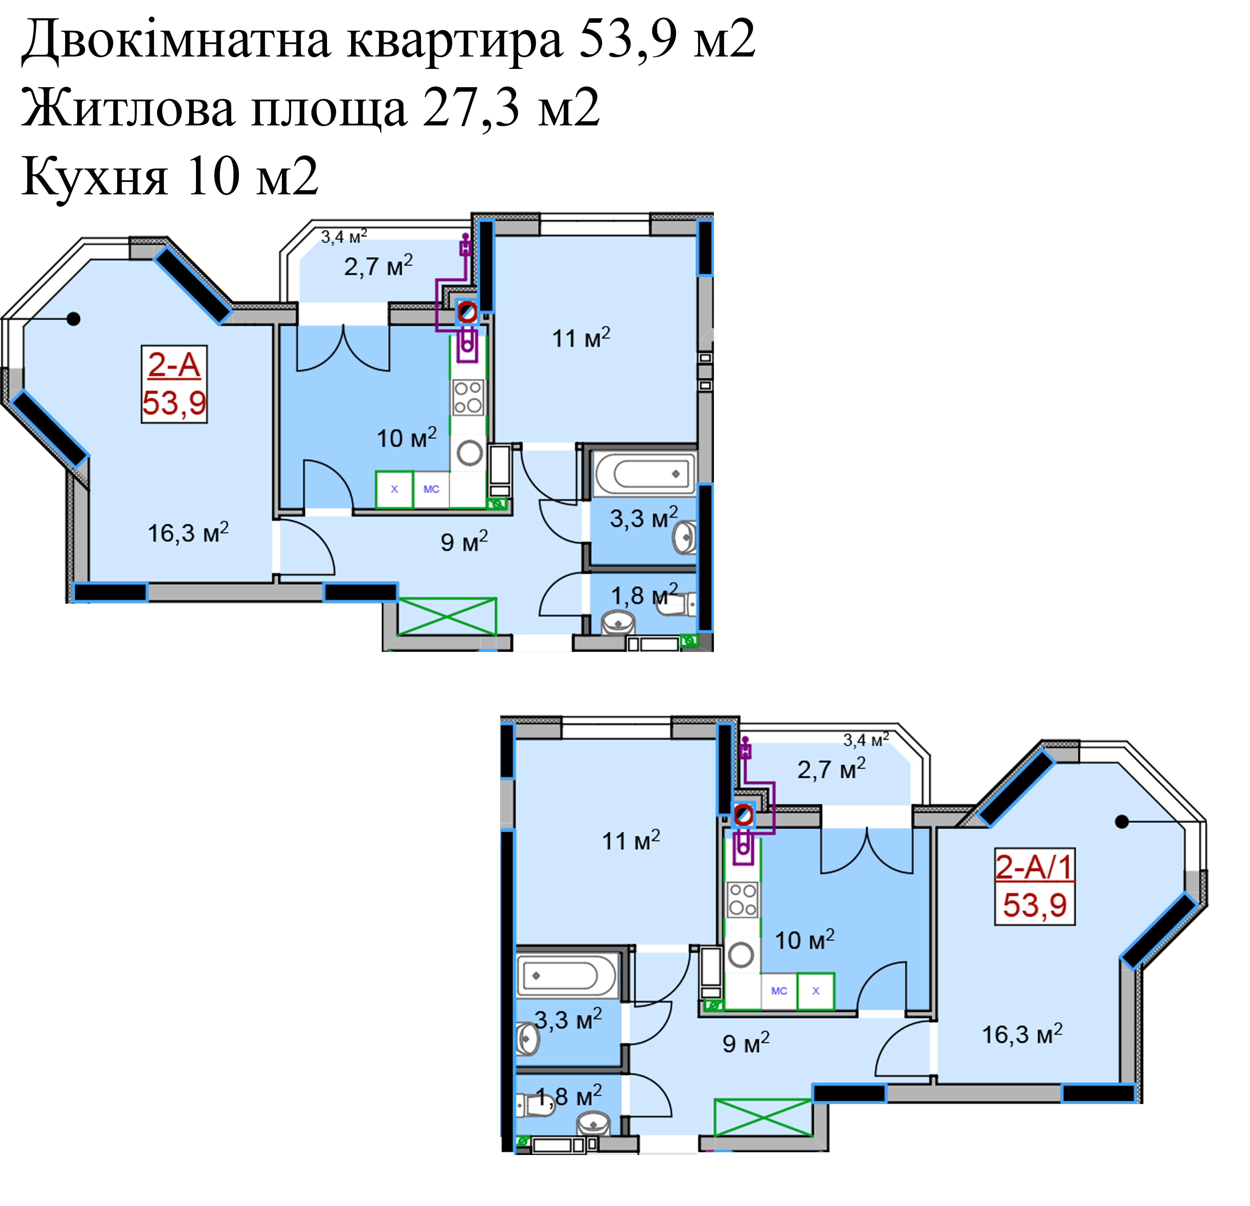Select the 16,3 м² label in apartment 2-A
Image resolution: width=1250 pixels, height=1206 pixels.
188,532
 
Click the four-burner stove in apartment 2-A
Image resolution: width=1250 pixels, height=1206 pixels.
468,397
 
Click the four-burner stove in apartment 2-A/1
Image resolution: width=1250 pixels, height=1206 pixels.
742,900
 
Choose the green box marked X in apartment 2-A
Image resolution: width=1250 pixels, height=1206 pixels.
394,489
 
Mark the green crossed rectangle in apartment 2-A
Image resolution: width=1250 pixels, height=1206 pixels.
447,616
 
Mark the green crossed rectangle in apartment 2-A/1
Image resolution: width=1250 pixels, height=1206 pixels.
763,1117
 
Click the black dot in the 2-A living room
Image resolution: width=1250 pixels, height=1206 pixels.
74,318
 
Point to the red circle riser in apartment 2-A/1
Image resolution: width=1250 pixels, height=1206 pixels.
743,815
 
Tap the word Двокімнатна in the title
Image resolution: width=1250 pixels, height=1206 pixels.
177,40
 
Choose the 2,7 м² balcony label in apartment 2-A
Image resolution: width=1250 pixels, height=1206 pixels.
378,265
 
